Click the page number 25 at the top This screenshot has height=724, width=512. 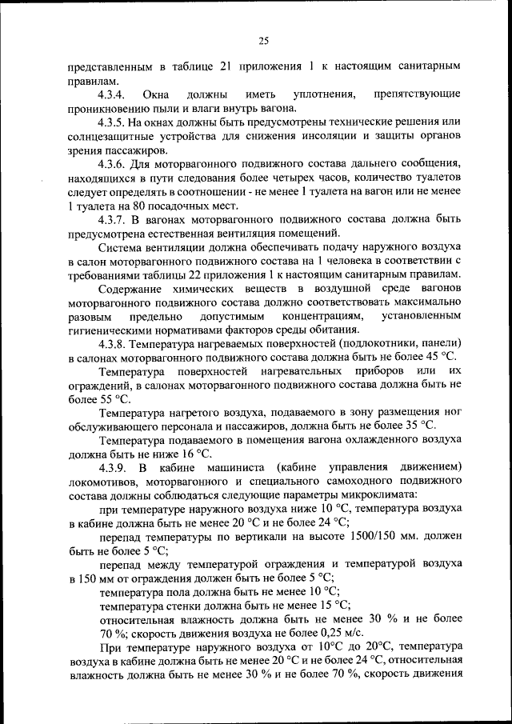click(264, 40)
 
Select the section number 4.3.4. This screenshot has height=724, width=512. click(114, 95)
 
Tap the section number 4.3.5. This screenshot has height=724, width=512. click(114, 122)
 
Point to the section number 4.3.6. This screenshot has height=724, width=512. click(114, 164)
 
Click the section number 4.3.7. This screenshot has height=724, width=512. click(114, 219)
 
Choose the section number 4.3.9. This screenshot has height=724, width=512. click(114, 466)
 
